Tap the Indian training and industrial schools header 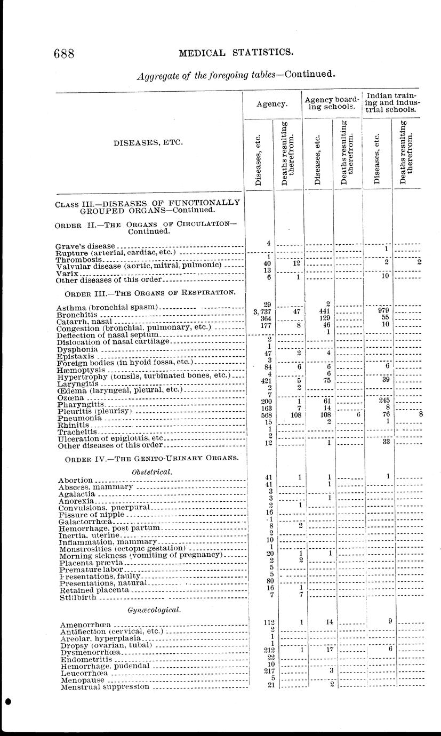[390, 102]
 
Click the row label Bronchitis [74, 315]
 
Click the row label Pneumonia [76, 419]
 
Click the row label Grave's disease [85, 246]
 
